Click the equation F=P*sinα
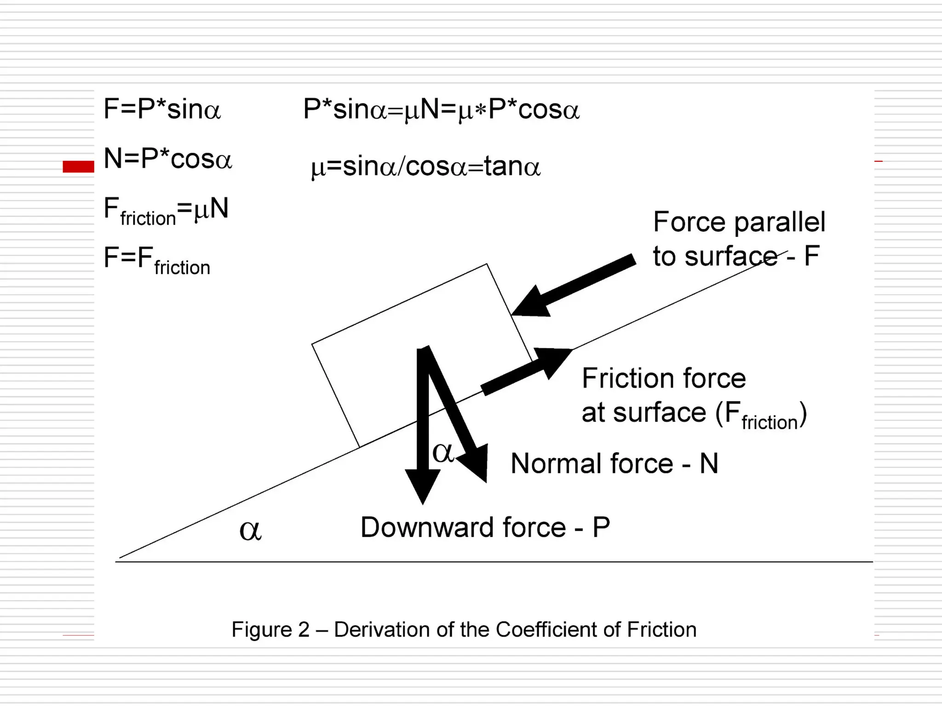pos(162,109)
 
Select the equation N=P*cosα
pos(168,159)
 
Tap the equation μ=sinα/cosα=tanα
pos(425,166)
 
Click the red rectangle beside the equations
pos(78,166)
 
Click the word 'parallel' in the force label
pos(779,223)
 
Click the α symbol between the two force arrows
pos(443,453)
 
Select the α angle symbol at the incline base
pos(251,531)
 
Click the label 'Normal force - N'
pos(614,463)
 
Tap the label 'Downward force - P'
pos(485,527)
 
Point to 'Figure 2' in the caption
pos(270,630)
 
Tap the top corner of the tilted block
pos(487,265)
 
